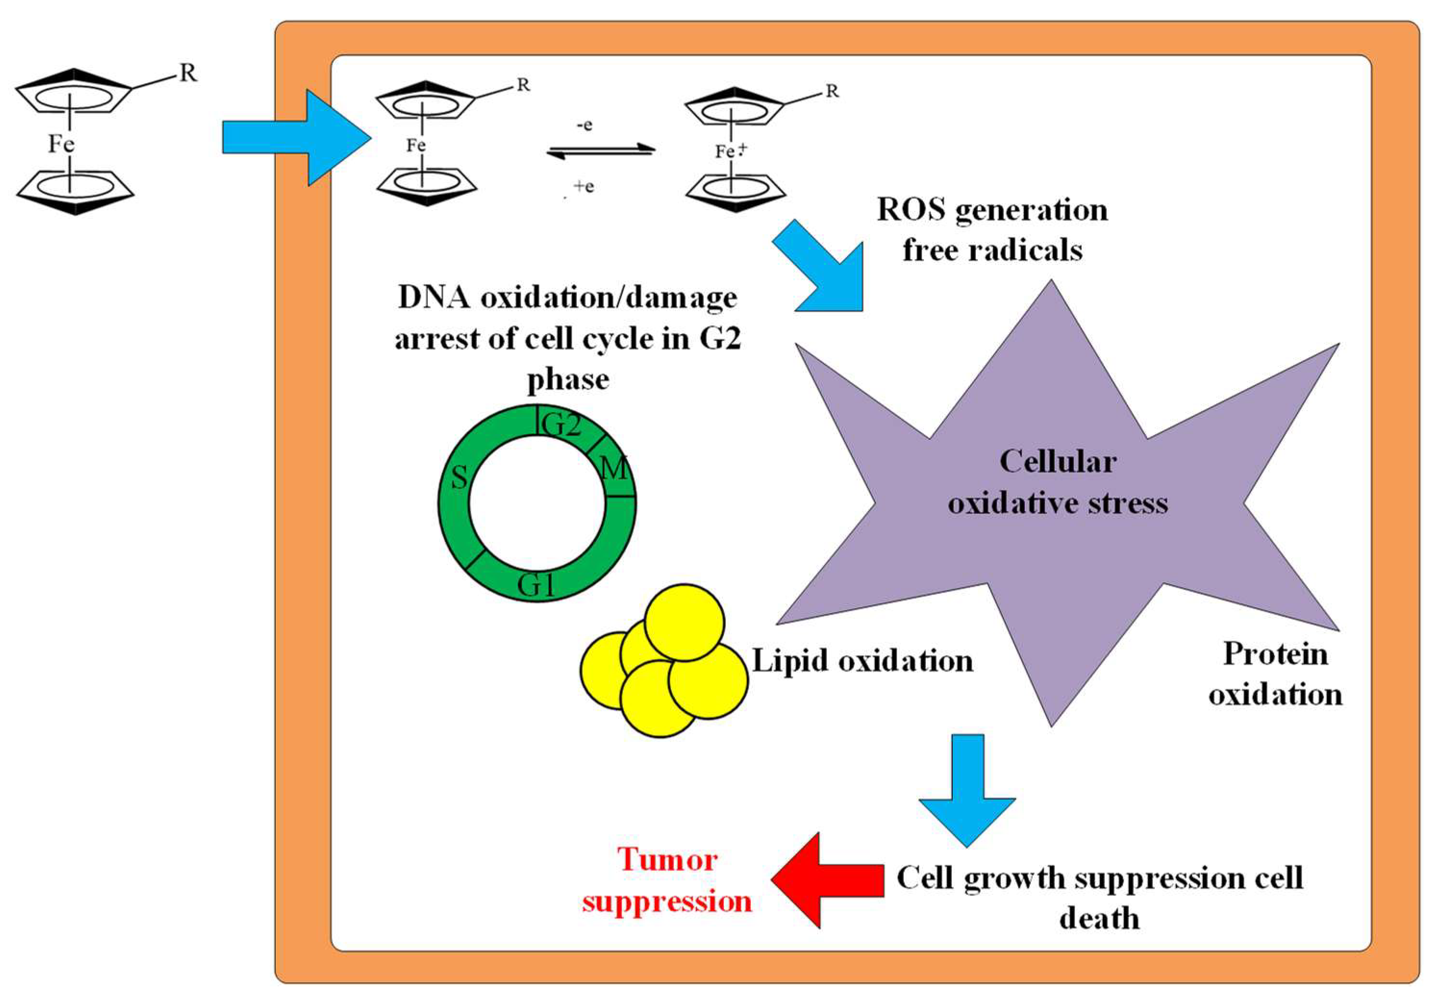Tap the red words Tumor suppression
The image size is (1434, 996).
tap(666, 881)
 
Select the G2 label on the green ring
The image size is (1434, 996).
tap(561, 425)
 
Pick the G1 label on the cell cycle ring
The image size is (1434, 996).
tap(536, 585)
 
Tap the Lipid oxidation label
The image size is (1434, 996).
tap(862, 661)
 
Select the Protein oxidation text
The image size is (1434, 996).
tap(1275, 674)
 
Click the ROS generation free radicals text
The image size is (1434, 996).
tap(992, 230)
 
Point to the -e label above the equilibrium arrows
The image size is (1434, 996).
tap(584, 125)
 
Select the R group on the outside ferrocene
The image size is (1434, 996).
tap(188, 74)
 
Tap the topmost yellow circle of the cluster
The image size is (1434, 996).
tap(684, 622)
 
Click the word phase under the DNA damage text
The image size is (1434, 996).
tap(567, 379)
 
